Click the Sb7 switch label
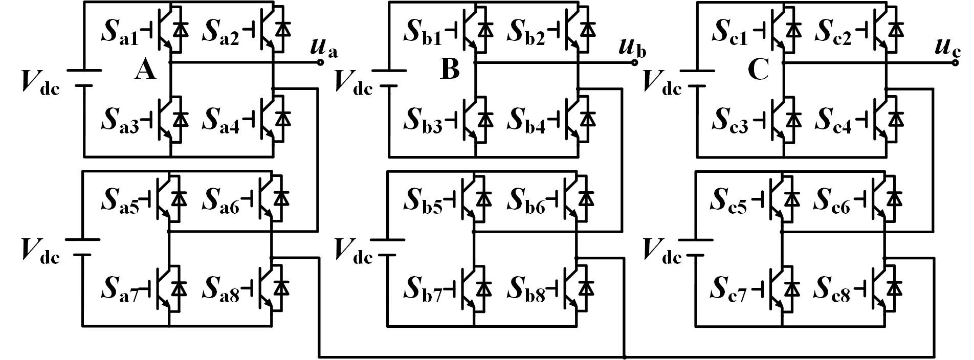[424, 289]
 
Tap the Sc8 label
[832, 289]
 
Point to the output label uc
[945, 49]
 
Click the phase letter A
[146, 70]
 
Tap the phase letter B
[450, 70]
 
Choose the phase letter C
[758, 70]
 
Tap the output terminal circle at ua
[320, 62]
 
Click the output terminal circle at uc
[955, 62]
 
